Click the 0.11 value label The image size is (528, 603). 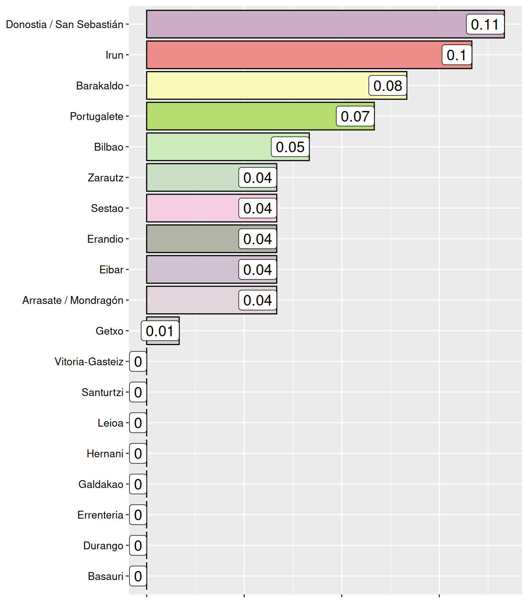(x=485, y=24)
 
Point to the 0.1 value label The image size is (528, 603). (x=456, y=55)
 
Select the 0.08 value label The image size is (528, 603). (x=387, y=86)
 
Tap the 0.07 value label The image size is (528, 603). (x=355, y=116)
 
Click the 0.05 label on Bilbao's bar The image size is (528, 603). (x=290, y=147)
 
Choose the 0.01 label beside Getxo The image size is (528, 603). (x=160, y=331)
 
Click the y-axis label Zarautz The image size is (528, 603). (x=105, y=178)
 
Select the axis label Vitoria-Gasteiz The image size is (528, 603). (x=89, y=362)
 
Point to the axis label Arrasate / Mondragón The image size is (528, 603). (x=73, y=300)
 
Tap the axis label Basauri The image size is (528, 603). (x=105, y=576)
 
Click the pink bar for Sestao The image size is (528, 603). (x=192, y=208)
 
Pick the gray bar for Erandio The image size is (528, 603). (x=192, y=239)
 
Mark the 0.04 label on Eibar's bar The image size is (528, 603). (x=257, y=270)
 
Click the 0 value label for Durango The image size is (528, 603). (x=138, y=546)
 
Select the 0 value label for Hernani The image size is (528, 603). (x=138, y=453)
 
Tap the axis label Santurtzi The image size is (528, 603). (x=102, y=392)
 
